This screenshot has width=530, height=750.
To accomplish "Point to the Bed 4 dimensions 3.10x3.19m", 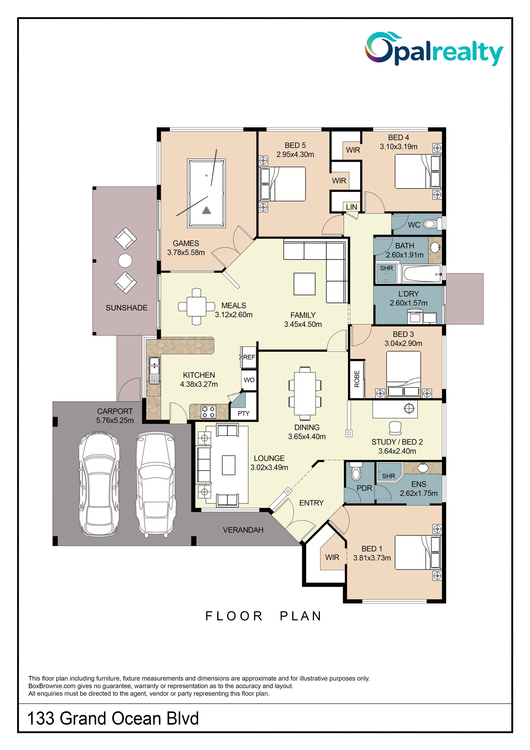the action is (398, 147).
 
